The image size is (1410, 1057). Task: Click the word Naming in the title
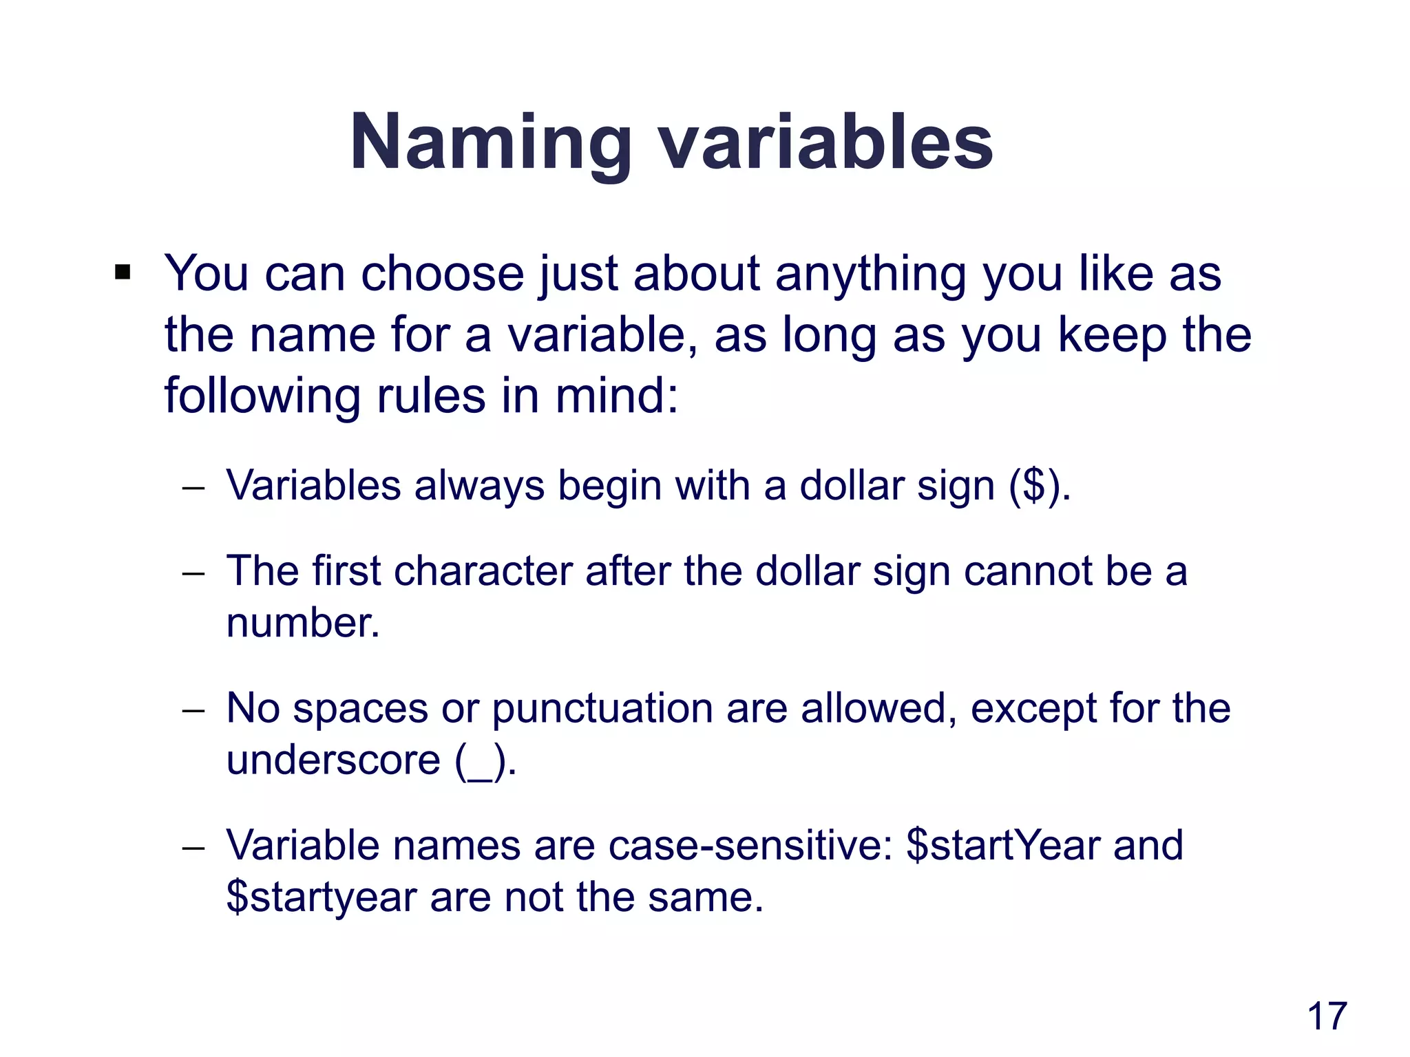pyautogui.click(x=490, y=143)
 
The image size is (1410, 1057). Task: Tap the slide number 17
pyautogui.click(x=1326, y=1016)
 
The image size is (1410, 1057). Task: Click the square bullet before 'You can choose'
pyautogui.click(x=123, y=273)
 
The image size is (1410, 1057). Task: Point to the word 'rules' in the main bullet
pyautogui.click(x=431, y=397)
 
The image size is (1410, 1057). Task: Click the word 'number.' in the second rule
pyautogui.click(x=303, y=623)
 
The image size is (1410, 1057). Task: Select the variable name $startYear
pyautogui.click(x=1002, y=846)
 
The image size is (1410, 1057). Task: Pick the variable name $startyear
pyautogui.click(x=322, y=898)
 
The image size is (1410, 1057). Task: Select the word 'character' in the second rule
pyautogui.click(x=483, y=571)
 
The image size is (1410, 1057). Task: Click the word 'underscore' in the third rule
pyautogui.click(x=333, y=760)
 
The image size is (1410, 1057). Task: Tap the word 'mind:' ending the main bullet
pyautogui.click(x=616, y=397)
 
